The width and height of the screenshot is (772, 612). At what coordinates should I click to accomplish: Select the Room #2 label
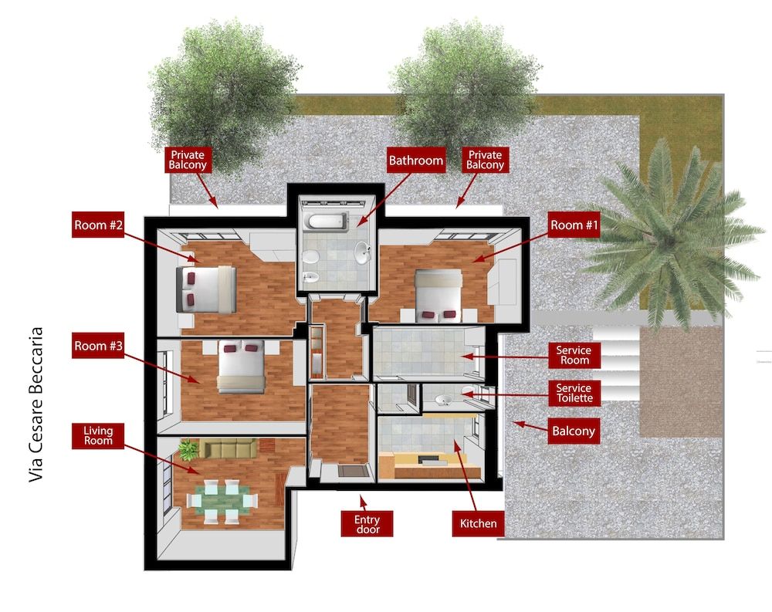pyautogui.click(x=98, y=225)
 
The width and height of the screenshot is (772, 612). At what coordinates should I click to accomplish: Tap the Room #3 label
pyautogui.click(x=98, y=346)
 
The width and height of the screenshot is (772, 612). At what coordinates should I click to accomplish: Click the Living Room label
pyautogui.click(x=98, y=434)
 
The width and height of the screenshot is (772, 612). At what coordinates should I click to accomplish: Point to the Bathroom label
pyautogui.click(x=416, y=161)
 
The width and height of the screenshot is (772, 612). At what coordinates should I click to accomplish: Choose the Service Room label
pyautogui.click(x=574, y=356)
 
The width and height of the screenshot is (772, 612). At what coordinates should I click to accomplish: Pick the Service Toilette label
pyautogui.click(x=574, y=393)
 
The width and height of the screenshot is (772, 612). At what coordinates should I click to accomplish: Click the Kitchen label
pyautogui.click(x=479, y=523)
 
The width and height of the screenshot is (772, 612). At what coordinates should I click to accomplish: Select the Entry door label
pyautogui.click(x=367, y=524)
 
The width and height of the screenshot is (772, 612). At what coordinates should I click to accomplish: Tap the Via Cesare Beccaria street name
pyautogui.click(x=36, y=405)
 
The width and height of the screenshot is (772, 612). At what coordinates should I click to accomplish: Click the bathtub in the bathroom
pyautogui.click(x=326, y=222)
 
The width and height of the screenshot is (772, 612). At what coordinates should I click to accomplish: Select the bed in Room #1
pyautogui.click(x=438, y=294)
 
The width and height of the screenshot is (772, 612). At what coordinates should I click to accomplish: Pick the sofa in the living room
pyautogui.click(x=228, y=448)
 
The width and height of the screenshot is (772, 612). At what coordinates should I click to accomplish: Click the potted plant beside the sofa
pyautogui.click(x=188, y=449)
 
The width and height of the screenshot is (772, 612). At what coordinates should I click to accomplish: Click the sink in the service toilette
pyautogui.click(x=444, y=400)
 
